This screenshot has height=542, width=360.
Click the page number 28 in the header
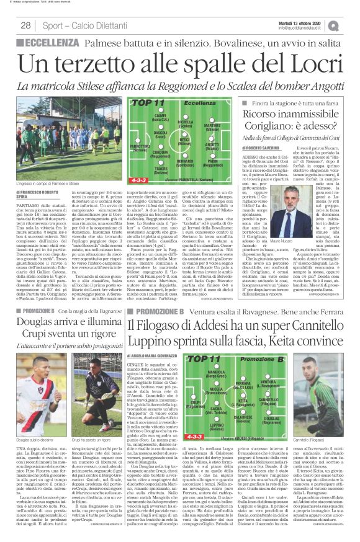[x=26, y=25]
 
